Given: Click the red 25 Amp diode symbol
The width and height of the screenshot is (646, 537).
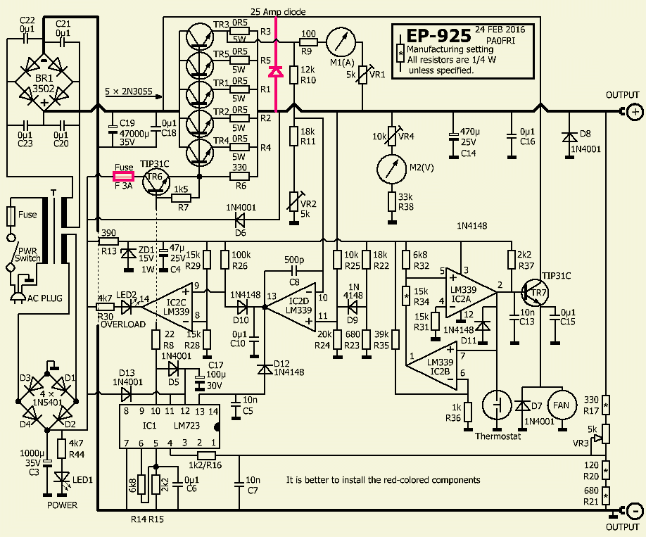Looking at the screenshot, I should point(276,71).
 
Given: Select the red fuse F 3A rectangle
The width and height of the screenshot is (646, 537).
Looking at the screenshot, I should point(124,177).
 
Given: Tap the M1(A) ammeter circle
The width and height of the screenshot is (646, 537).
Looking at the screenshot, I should point(337,43).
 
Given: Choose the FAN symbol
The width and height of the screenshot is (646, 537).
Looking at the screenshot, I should point(561,405).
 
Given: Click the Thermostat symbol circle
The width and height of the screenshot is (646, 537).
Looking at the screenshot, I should point(499,406).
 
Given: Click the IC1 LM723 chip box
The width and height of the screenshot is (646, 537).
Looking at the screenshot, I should point(170,427).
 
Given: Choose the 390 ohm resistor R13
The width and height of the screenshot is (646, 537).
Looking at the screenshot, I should point(108,241).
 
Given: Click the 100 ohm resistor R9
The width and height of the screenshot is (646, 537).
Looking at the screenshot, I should point(308,43).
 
